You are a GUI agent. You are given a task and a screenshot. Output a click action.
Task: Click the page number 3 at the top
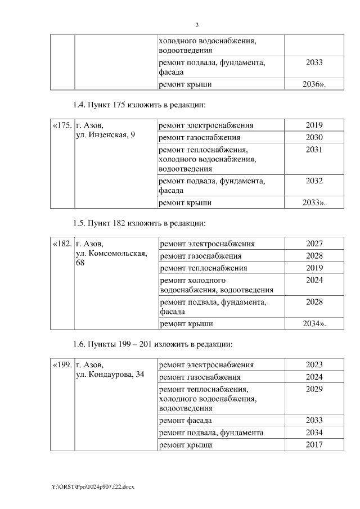pos(197,25)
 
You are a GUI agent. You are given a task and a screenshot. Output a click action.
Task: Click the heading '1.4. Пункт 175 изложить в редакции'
pos(139,105)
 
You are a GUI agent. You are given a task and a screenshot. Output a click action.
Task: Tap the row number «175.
pos(62,125)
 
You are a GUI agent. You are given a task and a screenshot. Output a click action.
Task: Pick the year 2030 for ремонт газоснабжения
pos(314,137)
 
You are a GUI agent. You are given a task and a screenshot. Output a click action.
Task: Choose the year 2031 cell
pos(314,148)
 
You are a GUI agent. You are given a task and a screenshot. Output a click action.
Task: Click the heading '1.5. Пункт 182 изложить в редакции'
pos(139,223)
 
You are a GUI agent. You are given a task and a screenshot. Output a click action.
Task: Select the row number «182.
pos(62,244)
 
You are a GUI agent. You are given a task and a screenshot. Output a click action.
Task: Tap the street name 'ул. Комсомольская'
pos(111,254)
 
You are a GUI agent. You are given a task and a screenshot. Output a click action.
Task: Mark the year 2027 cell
pos(314,244)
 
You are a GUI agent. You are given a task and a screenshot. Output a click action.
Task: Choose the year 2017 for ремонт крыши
pos(314,445)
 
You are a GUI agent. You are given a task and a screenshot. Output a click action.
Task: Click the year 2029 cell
pos(314,389)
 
